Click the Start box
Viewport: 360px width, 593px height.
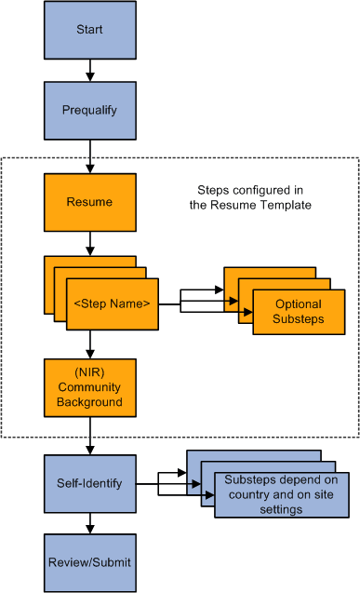tap(89, 31)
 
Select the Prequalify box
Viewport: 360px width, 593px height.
tap(89, 108)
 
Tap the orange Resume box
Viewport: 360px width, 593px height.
tap(89, 202)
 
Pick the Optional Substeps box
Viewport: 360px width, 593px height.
tap(299, 312)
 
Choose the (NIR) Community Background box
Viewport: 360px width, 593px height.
tap(89, 387)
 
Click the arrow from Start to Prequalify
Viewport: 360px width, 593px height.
tap(89, 70)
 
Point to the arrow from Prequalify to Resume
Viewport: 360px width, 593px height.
tap(89, 153)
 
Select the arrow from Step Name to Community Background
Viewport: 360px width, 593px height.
tap(89, 344)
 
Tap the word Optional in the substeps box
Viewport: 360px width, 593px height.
tap(299, 304)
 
